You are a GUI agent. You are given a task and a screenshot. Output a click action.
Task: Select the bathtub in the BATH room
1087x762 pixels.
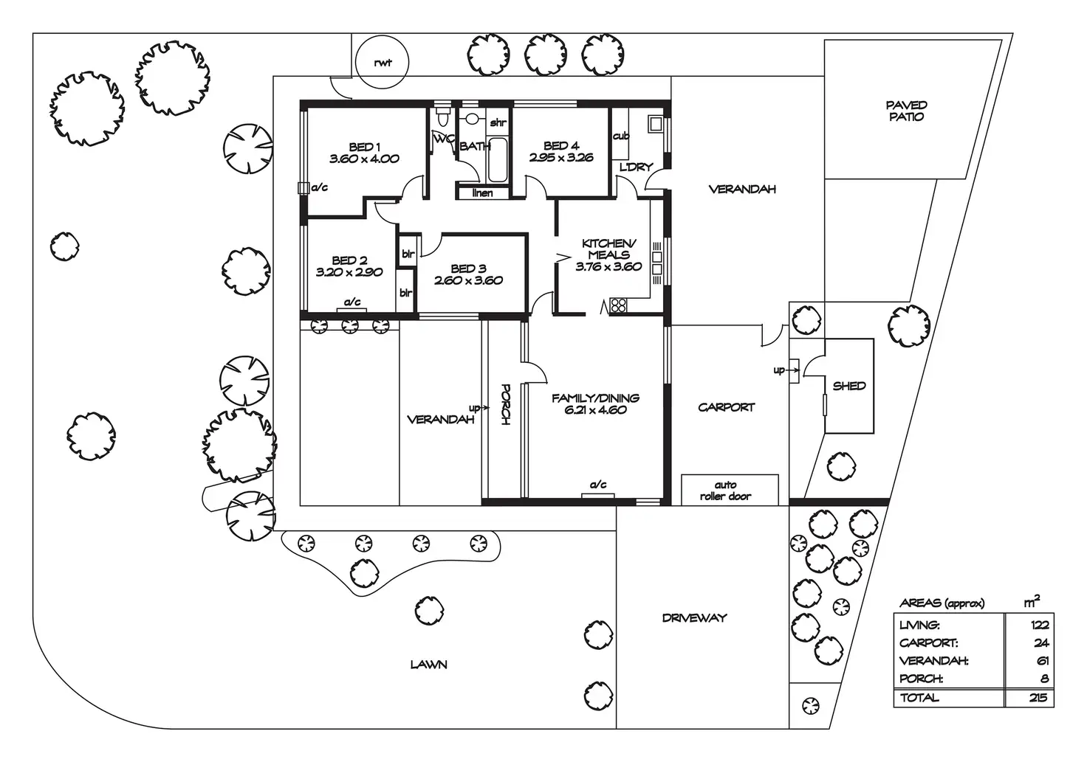[x=497, y=160]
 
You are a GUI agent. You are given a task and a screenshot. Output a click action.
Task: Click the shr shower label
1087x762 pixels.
[x=498, y=122]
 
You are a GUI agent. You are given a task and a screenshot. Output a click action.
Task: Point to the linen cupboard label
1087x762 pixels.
[x=482, y=193]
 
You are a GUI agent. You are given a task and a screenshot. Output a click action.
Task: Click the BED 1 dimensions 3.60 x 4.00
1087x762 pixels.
[x=365, y=159]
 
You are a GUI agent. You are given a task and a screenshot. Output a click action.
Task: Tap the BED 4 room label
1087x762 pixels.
[x=561, y=145]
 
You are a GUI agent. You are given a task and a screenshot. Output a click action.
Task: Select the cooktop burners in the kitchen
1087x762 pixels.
[x=618, y=305]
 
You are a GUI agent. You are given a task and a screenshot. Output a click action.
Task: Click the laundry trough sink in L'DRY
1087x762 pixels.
[x=656, y=124]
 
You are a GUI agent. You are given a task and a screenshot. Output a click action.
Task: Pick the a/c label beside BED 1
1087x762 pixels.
[x=319, y=187]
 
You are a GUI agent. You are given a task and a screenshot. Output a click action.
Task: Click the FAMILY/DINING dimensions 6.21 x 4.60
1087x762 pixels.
[x=595, y=410]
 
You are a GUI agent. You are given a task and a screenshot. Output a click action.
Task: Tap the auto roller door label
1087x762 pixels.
[x=725, y=491]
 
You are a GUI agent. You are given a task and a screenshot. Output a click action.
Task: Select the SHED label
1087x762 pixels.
[x=849, y=387]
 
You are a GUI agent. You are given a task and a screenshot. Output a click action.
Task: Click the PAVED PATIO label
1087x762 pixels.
[x=907, y=111]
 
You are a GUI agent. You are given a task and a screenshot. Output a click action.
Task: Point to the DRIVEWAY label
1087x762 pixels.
[x=694, y=618]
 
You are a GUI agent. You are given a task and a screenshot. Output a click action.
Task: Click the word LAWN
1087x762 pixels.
[x=428, y=665]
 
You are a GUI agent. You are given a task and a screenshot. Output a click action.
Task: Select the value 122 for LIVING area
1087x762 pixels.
[x=1040, y=626]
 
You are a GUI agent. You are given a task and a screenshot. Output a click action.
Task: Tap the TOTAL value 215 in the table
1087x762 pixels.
[x=1040, y=698]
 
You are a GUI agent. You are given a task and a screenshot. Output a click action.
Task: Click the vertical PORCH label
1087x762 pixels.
[x=505, y=405]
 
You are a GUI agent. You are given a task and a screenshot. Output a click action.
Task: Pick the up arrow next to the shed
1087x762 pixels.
[x=786, y=370]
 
